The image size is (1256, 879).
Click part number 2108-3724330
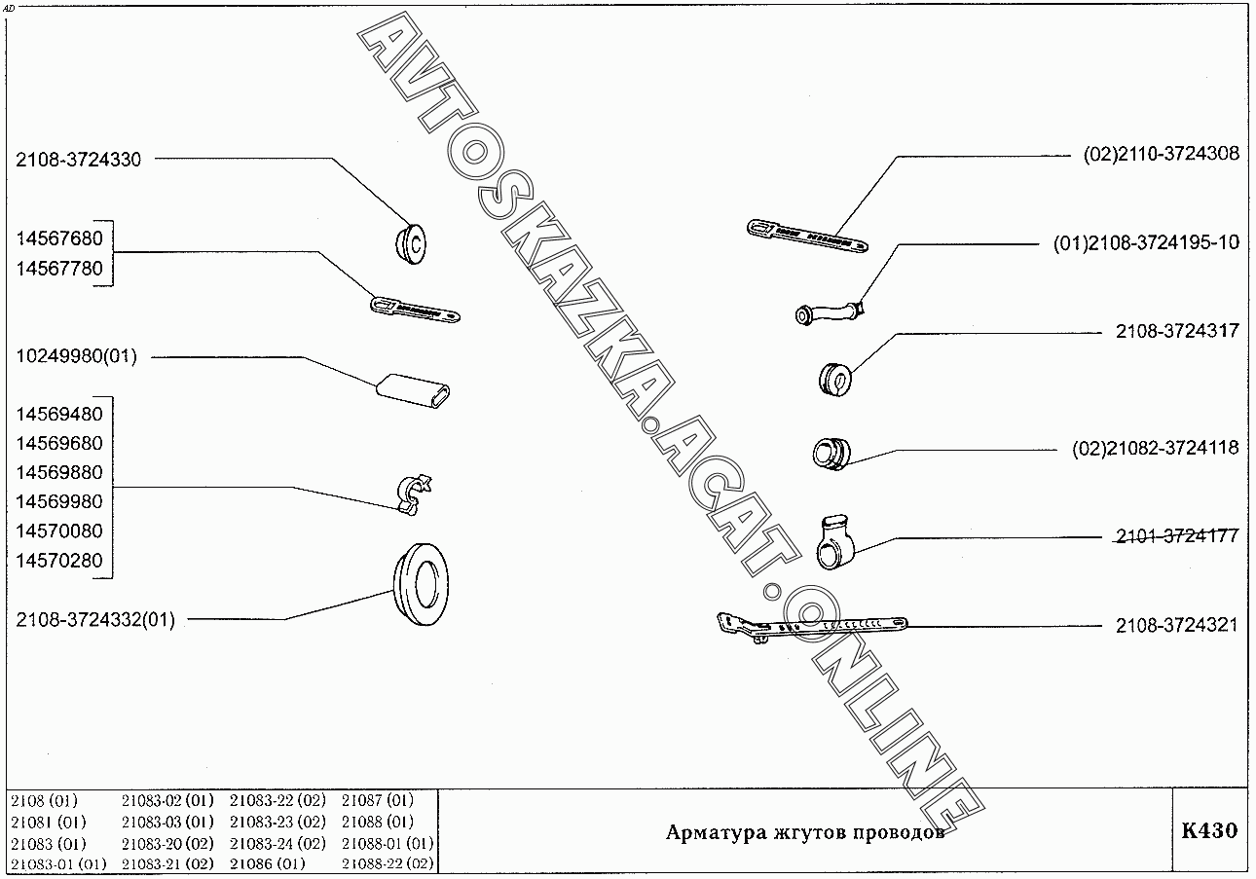(x=78, y=161)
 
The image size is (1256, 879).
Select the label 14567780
(x=59, y=269)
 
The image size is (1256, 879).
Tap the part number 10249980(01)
(x=76, y=357)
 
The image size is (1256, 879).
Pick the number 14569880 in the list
(x=59, y=473)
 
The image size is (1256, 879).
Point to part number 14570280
(x=59, y=562)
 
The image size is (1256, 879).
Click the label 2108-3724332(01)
(x=95, y=620)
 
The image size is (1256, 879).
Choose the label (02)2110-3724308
(x=1162, y=154)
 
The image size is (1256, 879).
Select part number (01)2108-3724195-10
(x=1146, y=242)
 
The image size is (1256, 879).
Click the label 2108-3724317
(x=1177, y=331)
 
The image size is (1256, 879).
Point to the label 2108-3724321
(x=1177, y=625)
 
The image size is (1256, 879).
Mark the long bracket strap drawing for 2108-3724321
(x=809, y=626)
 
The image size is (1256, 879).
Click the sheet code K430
(x=1208, y=831)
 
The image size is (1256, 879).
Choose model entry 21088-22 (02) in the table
(x=388, y=863)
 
